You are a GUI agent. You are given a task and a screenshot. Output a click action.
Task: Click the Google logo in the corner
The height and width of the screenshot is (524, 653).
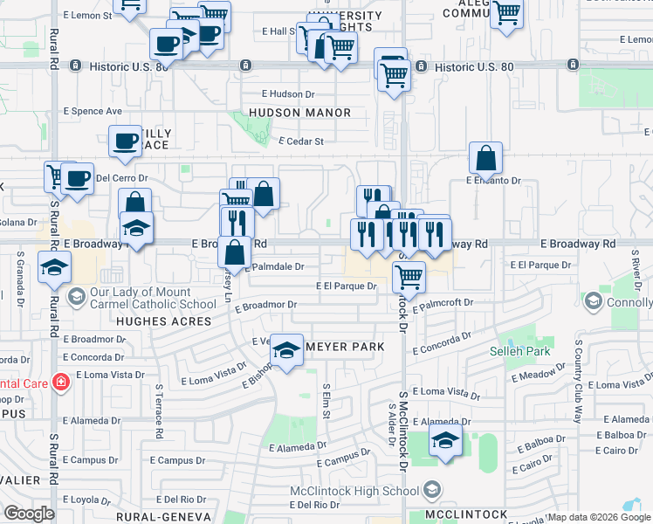click(29, 514)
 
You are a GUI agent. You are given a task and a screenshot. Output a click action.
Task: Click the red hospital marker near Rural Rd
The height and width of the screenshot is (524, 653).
click(60, 382)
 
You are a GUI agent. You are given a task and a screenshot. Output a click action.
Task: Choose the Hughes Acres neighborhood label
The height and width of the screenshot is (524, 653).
click(165, 321)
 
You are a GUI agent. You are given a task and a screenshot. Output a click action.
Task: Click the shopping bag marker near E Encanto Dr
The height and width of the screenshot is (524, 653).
click(485, 158)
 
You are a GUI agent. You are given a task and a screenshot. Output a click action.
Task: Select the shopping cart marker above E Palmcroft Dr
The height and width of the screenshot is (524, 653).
click(409, 277)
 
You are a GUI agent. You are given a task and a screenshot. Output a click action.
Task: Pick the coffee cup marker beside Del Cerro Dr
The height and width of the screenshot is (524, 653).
click(77, 177)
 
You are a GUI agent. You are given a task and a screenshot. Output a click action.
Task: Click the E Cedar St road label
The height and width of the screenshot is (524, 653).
click(300, 141)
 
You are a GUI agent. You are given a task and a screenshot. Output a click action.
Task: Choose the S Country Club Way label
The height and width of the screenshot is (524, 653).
click(577, 381)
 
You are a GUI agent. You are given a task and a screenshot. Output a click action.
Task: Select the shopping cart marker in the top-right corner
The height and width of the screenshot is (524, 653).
click(506, 13)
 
